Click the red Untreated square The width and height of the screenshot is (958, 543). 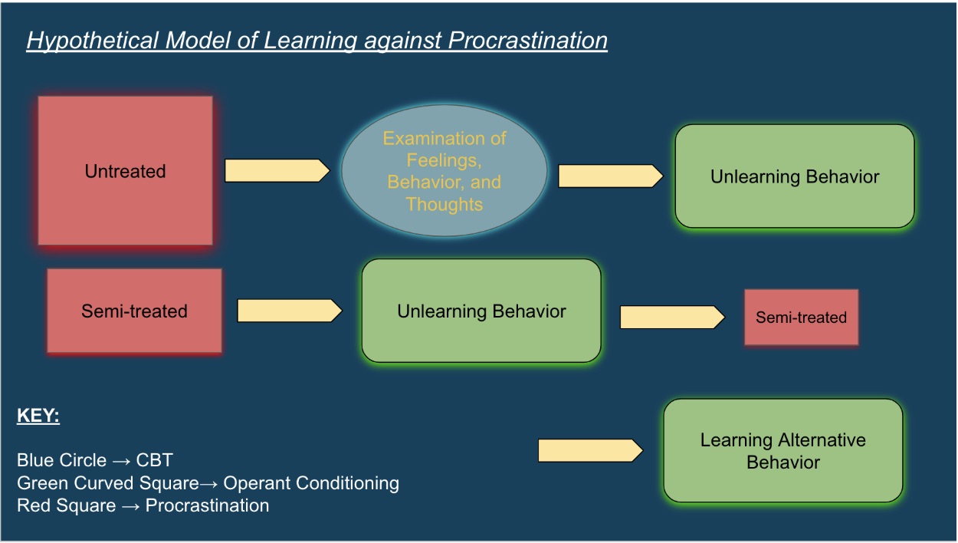click(x=125, y=170)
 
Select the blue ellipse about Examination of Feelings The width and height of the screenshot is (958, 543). click(x=444, y=171)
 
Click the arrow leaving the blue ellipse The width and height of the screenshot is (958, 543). click(x=610, y=176)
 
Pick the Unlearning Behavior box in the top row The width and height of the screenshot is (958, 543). click(x=794, y=176)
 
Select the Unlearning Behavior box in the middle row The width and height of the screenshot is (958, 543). click(x=481, y=311)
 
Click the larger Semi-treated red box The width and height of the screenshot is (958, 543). click(x=134, y=311)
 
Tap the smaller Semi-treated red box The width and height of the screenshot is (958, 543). click(x=801, y=317)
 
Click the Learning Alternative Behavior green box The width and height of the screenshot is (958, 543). click(x=782, y=451)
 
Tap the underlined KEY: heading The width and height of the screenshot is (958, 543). click(x=38, y=417)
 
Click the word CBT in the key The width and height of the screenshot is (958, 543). click(x=156, y=460)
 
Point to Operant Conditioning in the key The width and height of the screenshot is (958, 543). click(x=311, y=483)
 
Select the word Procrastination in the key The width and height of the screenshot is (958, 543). click(x=207, y=506)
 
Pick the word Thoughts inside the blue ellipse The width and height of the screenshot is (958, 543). click(x=444, y=205)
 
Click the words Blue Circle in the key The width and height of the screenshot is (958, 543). click(x=61, y=460)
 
